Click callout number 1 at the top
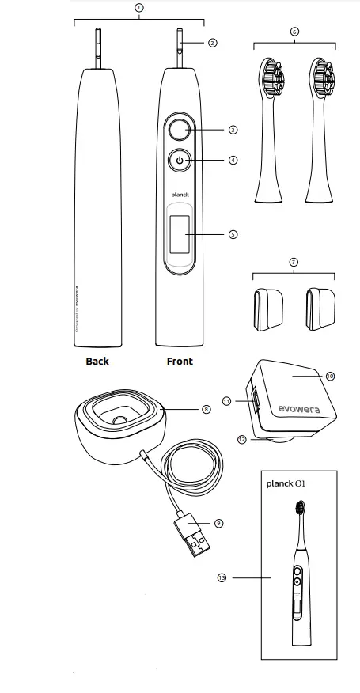pyautogui.click(x=139, y=6)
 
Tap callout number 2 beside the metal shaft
pyautogui.click(x=213, y=43)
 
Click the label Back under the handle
pyautogui.click(x=97, y=362)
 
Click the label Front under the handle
pyautogui.click(x=180, y=362)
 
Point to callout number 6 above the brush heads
pyautogui.click(x=294, y=32)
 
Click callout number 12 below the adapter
pyautogui.click(x=242, y=437)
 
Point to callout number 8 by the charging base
pyautogui.click(x=206, y=409)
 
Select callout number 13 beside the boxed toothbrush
pyautogui.click(x=223, y=578)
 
